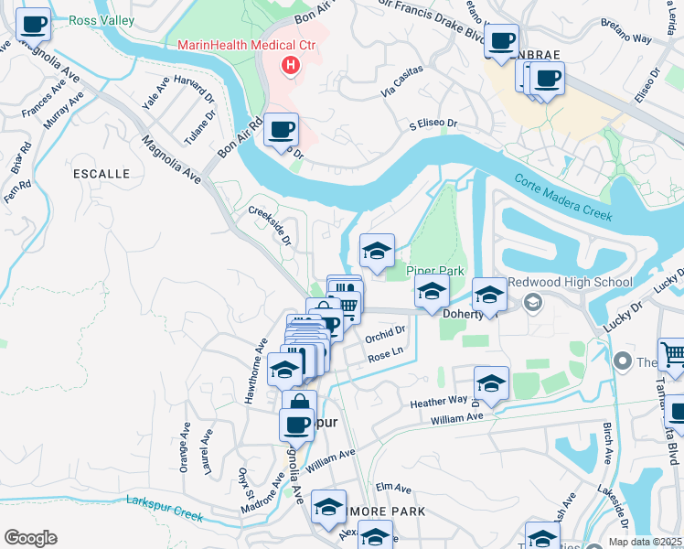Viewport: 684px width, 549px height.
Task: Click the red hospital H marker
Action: click(291, 65)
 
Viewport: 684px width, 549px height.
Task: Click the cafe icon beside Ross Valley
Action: click(34, 26)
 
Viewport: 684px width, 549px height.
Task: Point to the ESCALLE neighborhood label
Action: click(102, 173)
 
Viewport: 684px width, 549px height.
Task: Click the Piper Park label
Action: click(436, 271)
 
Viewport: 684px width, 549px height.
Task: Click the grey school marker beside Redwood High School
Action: click(531, 301)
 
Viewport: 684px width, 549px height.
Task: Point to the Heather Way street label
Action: click(439, 402)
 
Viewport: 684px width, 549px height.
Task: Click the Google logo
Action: click(30, 538)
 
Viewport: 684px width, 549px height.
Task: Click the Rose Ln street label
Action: click(385, 351)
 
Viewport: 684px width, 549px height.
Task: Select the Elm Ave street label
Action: click(390, 487)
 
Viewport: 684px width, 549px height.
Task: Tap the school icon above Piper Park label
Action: click(377, 252)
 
